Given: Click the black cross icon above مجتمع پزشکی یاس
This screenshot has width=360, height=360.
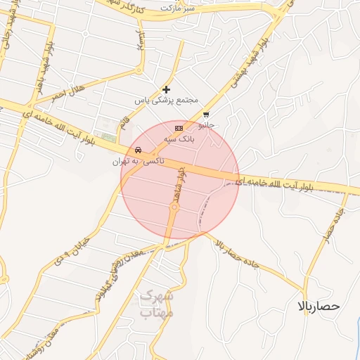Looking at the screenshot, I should (166, 89).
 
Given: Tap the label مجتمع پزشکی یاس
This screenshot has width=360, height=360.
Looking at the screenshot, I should (166, 101).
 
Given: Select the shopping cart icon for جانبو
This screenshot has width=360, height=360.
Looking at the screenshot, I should (205, 115).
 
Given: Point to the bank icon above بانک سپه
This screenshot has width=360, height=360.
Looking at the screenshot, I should (179, 129).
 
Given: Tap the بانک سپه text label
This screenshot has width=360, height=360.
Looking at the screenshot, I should (179, 139).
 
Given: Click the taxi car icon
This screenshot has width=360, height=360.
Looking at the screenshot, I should (138, 150).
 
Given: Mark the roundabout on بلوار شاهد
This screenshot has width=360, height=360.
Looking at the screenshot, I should (174, 207).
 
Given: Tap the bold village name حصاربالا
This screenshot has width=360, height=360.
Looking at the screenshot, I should (319, 307).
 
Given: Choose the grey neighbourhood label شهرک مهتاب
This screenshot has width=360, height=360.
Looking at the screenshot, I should (157, 304).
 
